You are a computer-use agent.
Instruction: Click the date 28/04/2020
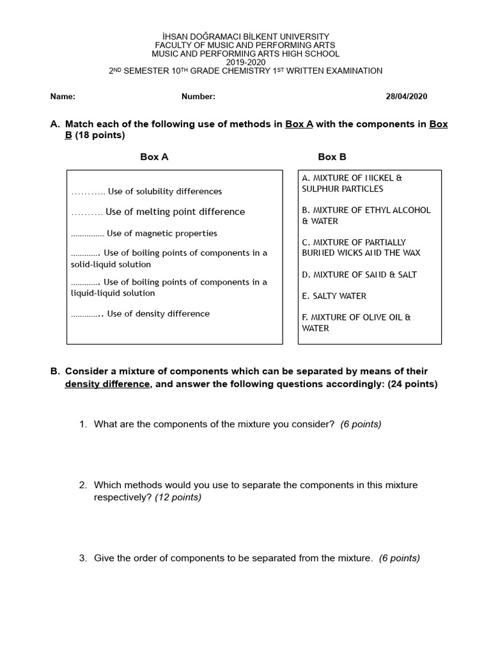[406, 97]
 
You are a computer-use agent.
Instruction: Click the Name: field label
[63, 97]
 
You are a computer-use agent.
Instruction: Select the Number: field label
[198, 97]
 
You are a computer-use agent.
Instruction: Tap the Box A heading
[154, 157]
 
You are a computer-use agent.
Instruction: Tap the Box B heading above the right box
[332, 157]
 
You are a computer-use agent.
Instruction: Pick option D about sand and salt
[359, 274]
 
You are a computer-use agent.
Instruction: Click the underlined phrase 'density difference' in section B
[107, 384]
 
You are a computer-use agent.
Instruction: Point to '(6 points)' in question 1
[361, 424]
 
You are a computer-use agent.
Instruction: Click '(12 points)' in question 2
[178, 497]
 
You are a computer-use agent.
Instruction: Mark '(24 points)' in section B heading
[412, 384]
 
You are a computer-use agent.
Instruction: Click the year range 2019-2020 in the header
[245, 63]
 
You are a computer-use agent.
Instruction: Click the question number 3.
[83, 558]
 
